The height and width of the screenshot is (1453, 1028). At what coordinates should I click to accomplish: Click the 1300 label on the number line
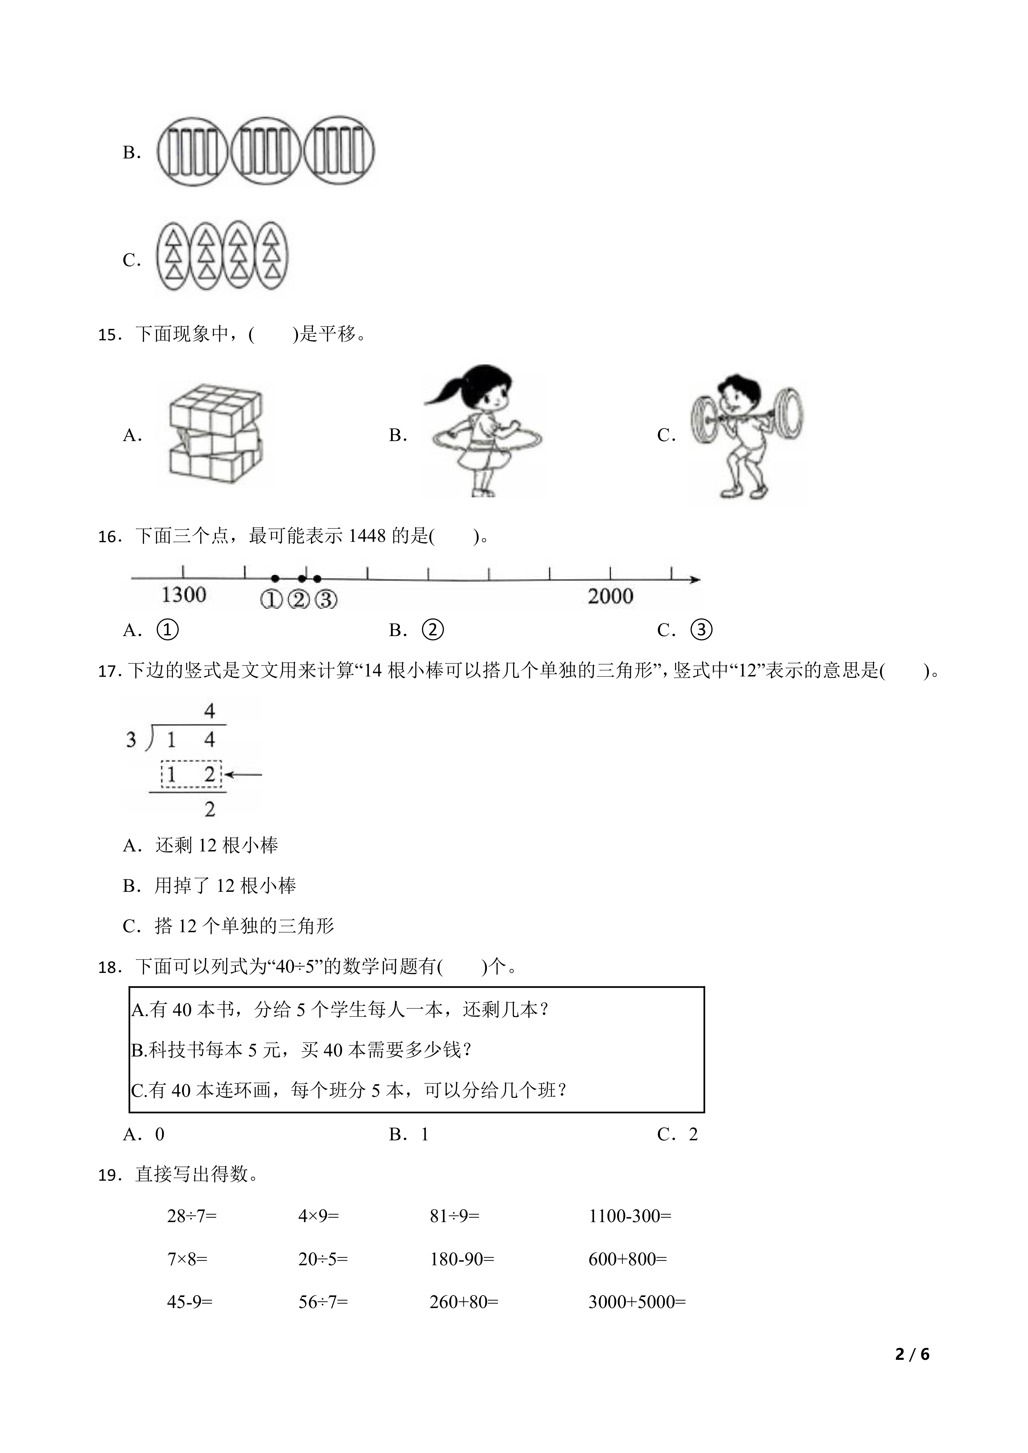(x=184, y=595)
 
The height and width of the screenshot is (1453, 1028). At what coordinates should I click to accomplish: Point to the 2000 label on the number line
(x=610, y=596)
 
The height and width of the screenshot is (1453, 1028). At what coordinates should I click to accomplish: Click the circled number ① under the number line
(x=271, y=599)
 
